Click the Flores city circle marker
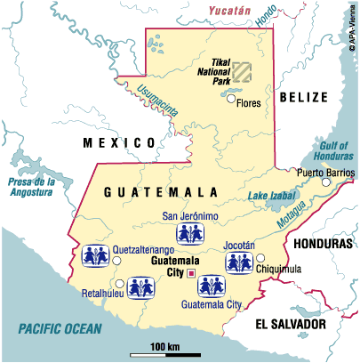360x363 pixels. coord(230,101)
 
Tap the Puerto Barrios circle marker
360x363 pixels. coord(326,182)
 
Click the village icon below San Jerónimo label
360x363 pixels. coord(186,233)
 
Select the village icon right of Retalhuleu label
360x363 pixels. coord(139,289)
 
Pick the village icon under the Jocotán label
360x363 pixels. coord(236,262)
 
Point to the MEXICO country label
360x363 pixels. coord(113,141)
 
